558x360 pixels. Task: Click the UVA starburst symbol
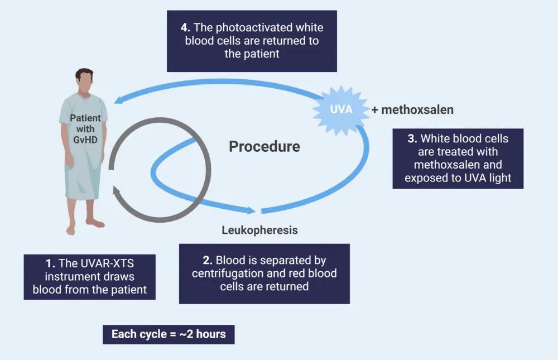coord(341,109)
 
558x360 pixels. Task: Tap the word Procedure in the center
coord(264,147)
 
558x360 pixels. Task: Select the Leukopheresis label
coord(259,230)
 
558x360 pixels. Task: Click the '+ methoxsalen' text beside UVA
coord(412,110)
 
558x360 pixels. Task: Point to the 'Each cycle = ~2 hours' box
coord(169,334)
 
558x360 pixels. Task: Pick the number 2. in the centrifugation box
coord(208,260)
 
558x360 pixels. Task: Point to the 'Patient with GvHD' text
coord(85,128)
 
